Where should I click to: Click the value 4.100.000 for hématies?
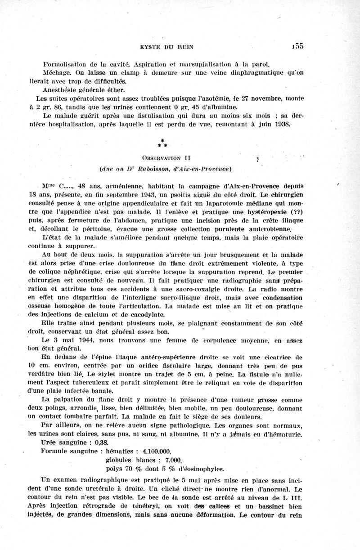click(x=155, y=451)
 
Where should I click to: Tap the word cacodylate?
click(x=143, y=314)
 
